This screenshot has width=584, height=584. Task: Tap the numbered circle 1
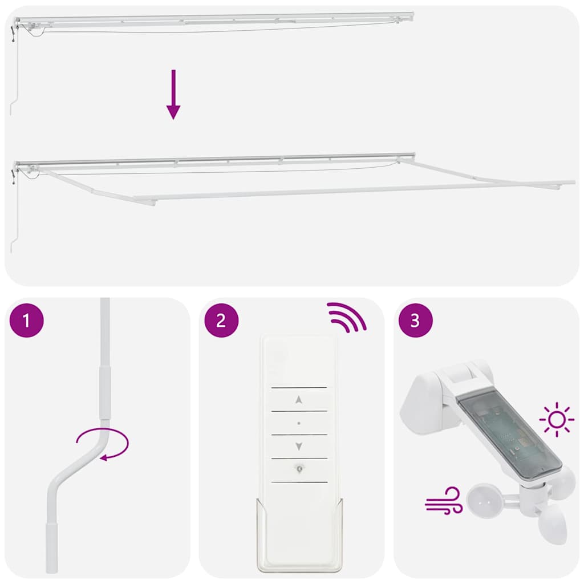tap(26, 321)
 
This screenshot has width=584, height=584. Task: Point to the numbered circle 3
tap(415, 321)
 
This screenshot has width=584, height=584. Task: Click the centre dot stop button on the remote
tap(299, 423)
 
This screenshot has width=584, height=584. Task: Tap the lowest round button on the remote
tap(299, 469)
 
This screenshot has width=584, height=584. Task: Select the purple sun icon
tap(557, 420)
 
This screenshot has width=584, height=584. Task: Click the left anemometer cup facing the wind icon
tap(481, 500)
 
